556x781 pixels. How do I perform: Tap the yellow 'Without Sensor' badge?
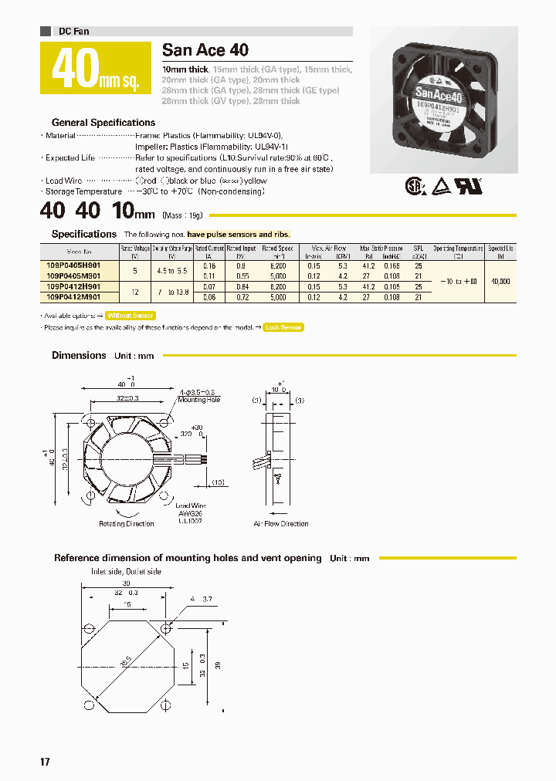click(131, 316)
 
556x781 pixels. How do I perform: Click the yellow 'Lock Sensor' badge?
click(283, 327)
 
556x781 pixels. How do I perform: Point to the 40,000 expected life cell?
click(500, 282)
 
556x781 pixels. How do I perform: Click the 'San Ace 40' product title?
click(205, 50)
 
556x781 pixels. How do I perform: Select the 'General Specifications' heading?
click(103, 123)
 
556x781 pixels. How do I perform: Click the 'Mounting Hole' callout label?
click(199, 400)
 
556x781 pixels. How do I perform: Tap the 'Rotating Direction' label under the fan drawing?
click(127, 524)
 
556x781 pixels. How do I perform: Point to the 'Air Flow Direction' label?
click(281, 524)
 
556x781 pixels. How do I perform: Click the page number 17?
click(45, 762)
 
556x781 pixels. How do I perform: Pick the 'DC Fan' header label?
click(74, 32)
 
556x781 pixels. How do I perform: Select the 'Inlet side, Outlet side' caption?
click(126, 572)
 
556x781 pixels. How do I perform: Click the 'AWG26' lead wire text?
click(189, 514)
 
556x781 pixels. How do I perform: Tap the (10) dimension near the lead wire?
click(218, 482)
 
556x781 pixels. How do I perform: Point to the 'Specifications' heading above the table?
click(83, 234)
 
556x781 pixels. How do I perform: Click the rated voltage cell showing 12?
click(136, 292)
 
